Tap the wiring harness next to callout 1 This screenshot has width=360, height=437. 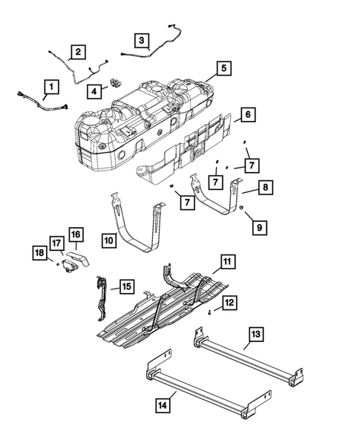click(45, 104)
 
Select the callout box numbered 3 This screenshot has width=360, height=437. click(141, 39)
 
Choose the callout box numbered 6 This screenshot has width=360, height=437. click(248, 116)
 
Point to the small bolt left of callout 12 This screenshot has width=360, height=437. click(226, 260)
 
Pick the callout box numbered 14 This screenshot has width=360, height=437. click(254, 335)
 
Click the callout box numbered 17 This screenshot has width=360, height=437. click(76, 234)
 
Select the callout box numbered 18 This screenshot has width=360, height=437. click(56, 243)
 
